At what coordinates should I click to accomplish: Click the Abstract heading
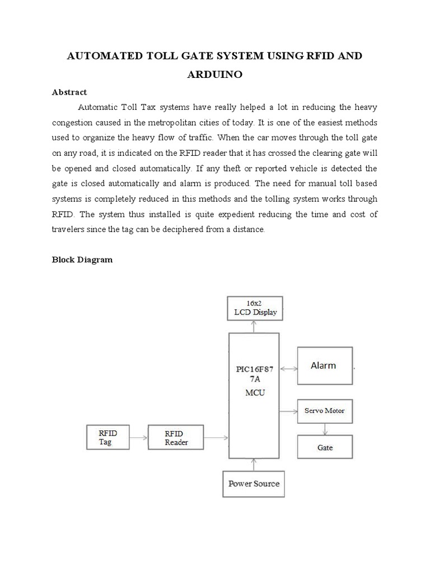69,92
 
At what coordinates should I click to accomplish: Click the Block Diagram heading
82,260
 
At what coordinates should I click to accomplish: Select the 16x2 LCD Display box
255,308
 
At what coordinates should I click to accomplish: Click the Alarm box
325,365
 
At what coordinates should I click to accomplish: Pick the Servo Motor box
325,411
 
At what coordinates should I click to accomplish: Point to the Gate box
325,447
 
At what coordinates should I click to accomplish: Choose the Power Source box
254,483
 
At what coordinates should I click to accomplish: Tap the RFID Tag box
107,437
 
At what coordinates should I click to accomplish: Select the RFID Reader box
176,438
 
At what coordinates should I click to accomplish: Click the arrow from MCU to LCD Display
255,326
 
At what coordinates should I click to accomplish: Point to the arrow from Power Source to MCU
255,464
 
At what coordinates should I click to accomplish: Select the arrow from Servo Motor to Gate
325,429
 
